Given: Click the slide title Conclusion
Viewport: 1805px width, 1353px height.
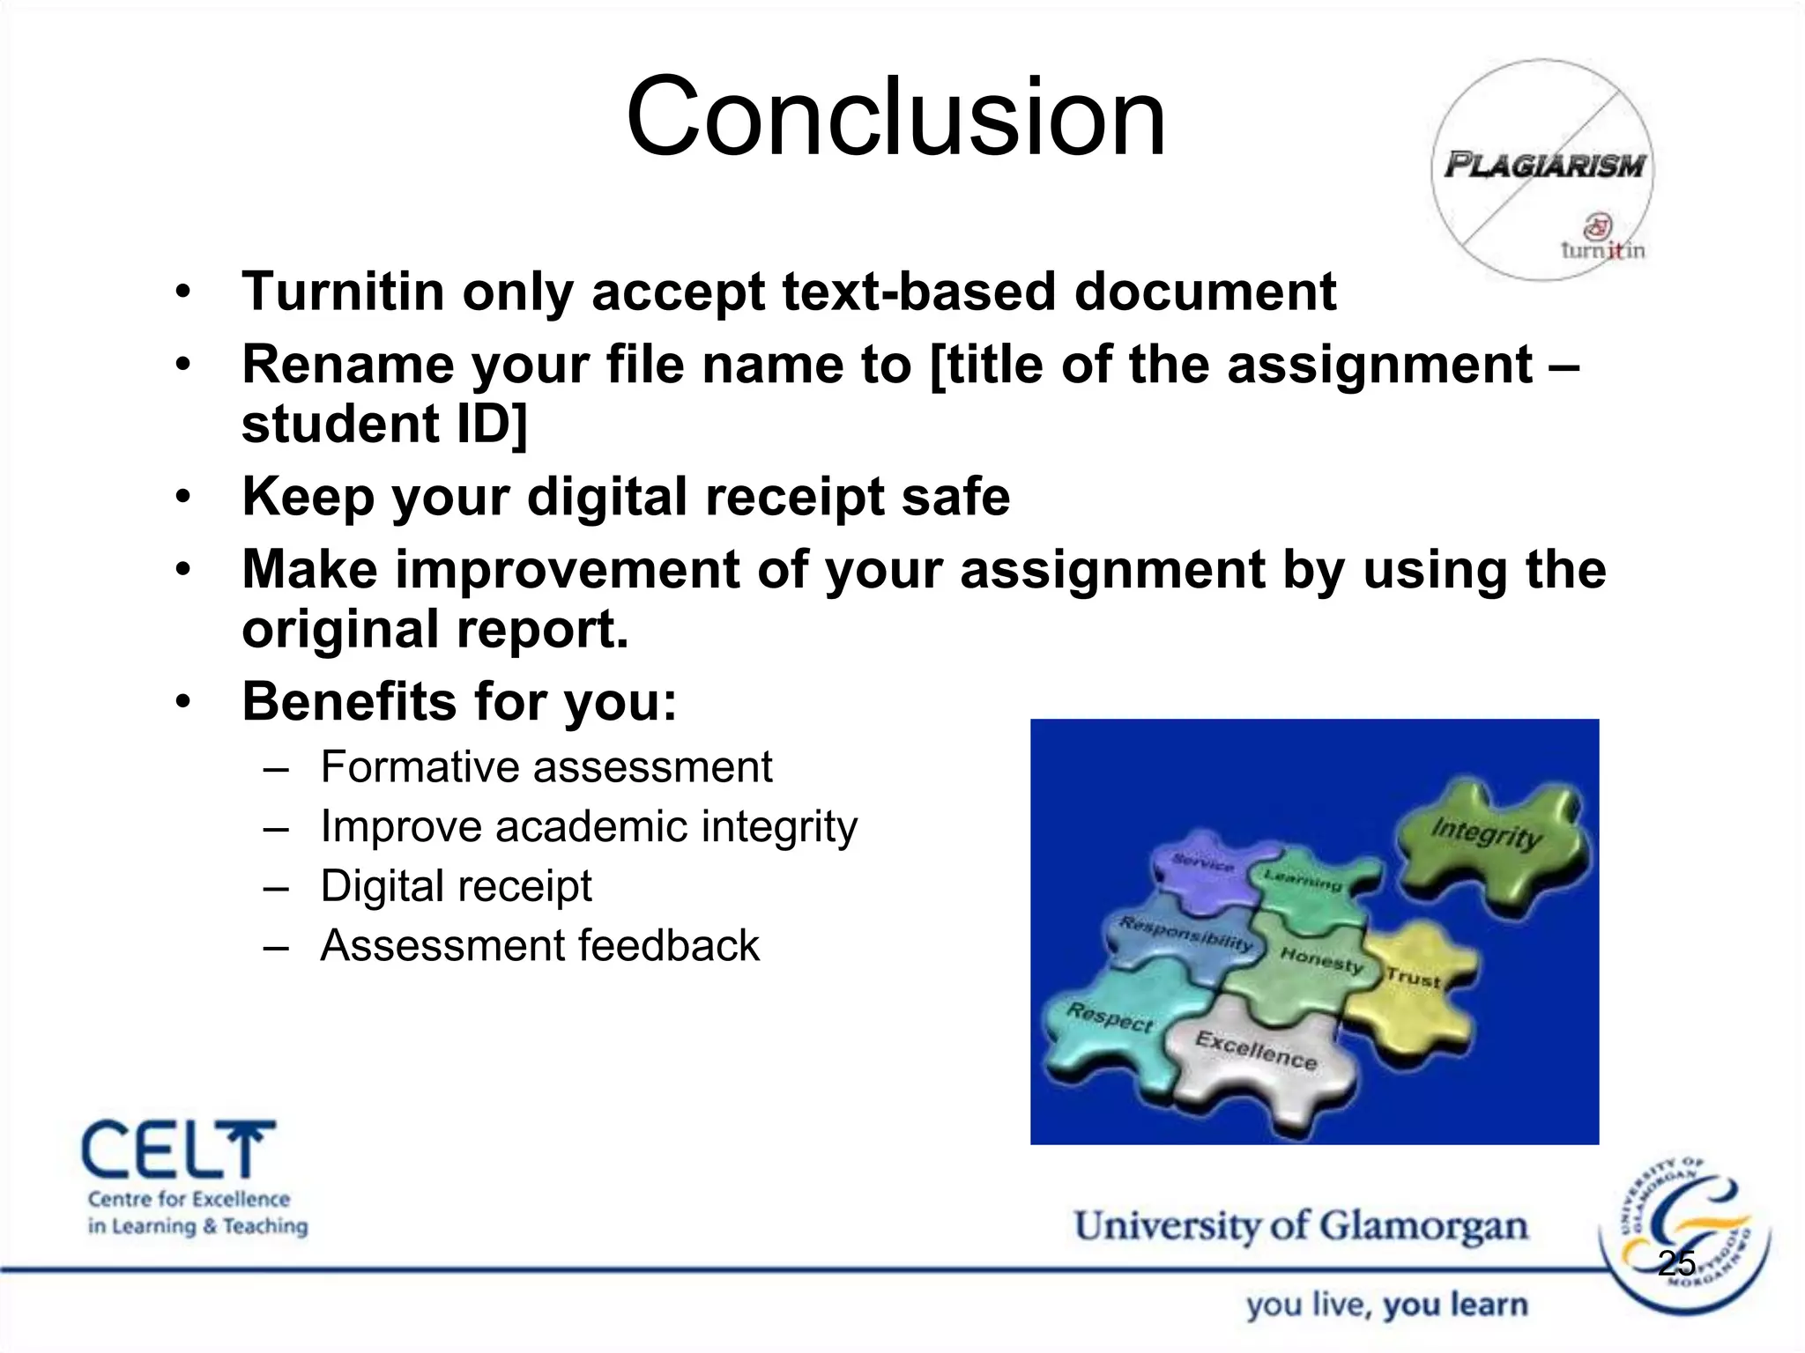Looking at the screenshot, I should pyautogui.click(x=896, y=117).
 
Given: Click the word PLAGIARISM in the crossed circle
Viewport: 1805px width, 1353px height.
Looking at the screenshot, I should pyautogui.click(x=1544, y=166).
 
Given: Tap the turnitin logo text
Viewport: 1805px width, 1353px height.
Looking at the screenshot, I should pyautogui.click(x=1602, y=250).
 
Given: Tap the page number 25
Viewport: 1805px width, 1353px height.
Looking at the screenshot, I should pyautogui.click(x=1676, y=1264).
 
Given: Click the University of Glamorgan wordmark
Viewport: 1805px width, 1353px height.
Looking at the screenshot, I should pyautogui.click(x=1301, y=1226).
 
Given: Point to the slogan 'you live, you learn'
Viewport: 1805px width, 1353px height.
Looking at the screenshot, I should pyautogui.click(x=1386, y=1305).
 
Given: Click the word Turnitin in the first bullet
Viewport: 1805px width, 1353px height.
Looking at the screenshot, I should pyautogui.click(x=343, y=292).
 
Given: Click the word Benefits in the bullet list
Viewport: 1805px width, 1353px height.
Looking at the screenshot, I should pyautogui.click(x=349, y=701).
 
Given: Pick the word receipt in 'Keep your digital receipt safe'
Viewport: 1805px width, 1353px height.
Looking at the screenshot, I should pyautogui.click(x=792, y=497).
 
